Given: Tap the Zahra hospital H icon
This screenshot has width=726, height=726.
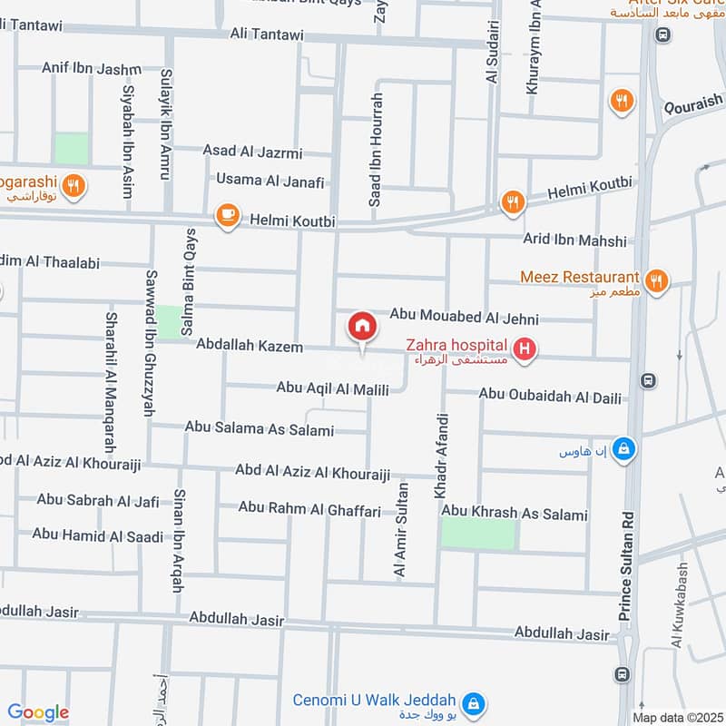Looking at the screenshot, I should (x=524, y=348).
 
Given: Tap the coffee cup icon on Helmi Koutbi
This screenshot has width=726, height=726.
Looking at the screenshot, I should (x=226, y=216).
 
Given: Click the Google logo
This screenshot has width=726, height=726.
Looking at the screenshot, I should (x=38, y=712).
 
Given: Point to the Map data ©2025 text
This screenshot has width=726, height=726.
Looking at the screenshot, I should (x=677, y=717).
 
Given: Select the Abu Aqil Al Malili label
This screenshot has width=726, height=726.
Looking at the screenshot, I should (x=333, y=388).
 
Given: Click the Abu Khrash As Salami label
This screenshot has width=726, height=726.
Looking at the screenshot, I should (x=515, y=515).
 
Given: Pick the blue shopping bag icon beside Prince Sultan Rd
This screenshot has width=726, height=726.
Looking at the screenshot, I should (x=623, y=449).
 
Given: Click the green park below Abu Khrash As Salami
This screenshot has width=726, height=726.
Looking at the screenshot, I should (x=478, y=535).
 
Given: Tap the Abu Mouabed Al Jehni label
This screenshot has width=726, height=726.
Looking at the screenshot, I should (x=464, y=318).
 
